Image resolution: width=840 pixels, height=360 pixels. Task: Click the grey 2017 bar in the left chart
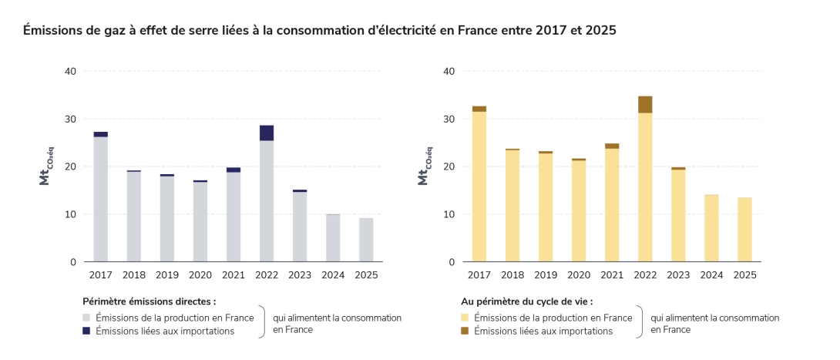click(x=101, y=199)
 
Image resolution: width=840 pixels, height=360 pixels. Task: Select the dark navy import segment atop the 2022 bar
click(x=267, y=133)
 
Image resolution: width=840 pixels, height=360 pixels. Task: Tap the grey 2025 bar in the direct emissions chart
click(x=366, y=240)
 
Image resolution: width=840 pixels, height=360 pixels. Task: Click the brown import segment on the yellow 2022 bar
click(x=645, y=104)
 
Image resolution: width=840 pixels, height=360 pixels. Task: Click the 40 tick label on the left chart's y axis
click(x=71, y=72)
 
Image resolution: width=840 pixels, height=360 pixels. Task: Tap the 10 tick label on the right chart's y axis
click(x=449, y=214)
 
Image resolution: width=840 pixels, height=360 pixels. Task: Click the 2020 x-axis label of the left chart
click(x=200, y=274)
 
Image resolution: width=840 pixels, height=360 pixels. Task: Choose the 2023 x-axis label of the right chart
click(x=678, y=274)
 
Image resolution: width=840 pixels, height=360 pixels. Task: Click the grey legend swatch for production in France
click(x=86, y=318)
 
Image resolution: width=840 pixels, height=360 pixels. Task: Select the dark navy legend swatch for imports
click(x=86, y=331)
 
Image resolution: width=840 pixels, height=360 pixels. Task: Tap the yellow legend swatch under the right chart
click(x=465, y=318)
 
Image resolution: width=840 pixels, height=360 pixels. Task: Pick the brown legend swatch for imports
click(x=465, y=331)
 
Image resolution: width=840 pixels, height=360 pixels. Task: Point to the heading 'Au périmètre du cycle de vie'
click(x=527, y=301)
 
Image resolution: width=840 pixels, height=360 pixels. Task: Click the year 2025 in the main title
click(x=600, y=31)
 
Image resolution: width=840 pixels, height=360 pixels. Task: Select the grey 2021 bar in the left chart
click(x=234, y=217)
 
